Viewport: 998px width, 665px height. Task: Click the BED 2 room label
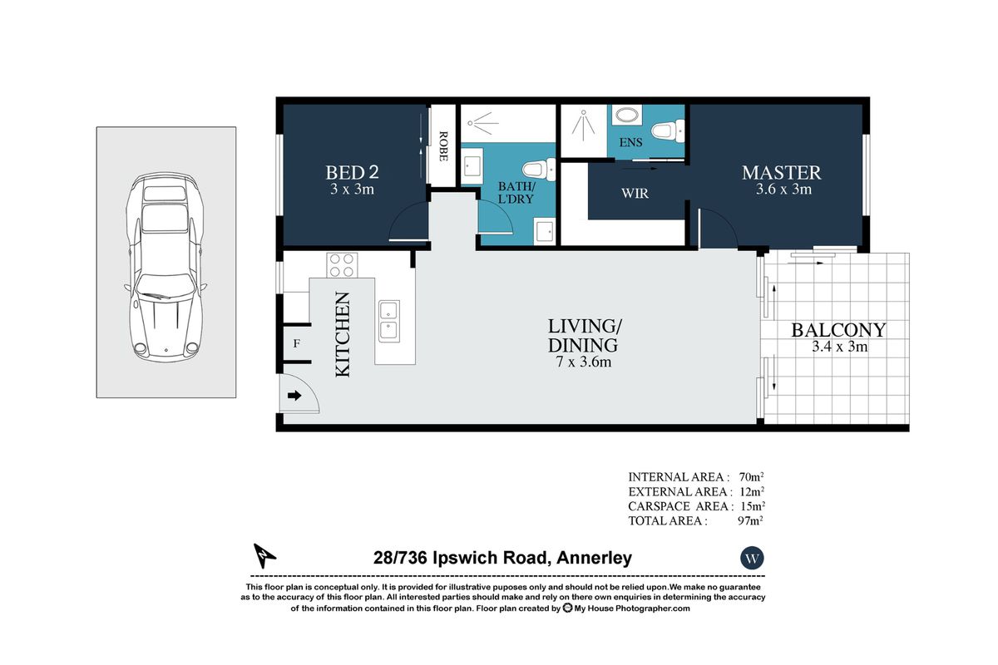pos(351,173)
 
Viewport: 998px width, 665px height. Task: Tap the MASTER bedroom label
pos(781,173)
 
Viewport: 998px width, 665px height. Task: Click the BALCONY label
pos(837,329)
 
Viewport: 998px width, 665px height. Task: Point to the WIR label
pos(635,194)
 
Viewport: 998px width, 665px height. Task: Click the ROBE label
pos(443,146)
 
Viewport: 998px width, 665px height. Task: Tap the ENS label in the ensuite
pos(630,143)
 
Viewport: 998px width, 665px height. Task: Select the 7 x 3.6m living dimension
pos(582,362)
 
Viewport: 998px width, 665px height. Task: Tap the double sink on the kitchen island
pos(388,321)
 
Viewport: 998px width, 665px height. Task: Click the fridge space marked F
pos(296,342)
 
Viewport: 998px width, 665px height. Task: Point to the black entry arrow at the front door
pos(294,396)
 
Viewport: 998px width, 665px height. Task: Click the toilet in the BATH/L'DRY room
pos(536,170)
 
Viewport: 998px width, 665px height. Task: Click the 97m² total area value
pos(750,521)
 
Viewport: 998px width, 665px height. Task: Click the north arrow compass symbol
pos(264,554)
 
